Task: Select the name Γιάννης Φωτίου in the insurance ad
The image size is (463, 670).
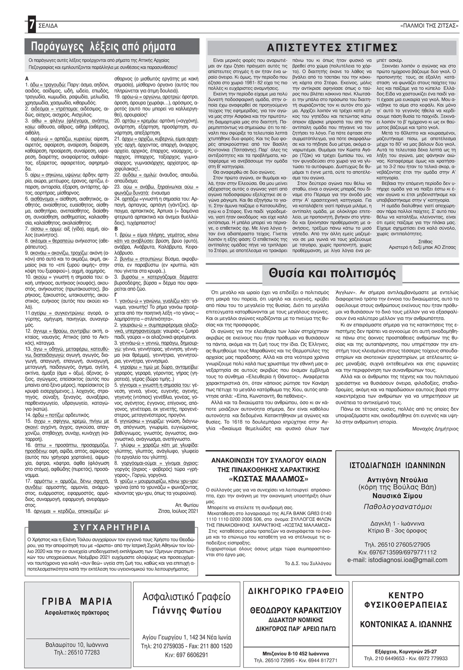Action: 187,611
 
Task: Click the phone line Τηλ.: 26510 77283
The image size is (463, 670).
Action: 76,652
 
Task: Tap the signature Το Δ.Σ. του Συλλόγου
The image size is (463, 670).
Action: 308,563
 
